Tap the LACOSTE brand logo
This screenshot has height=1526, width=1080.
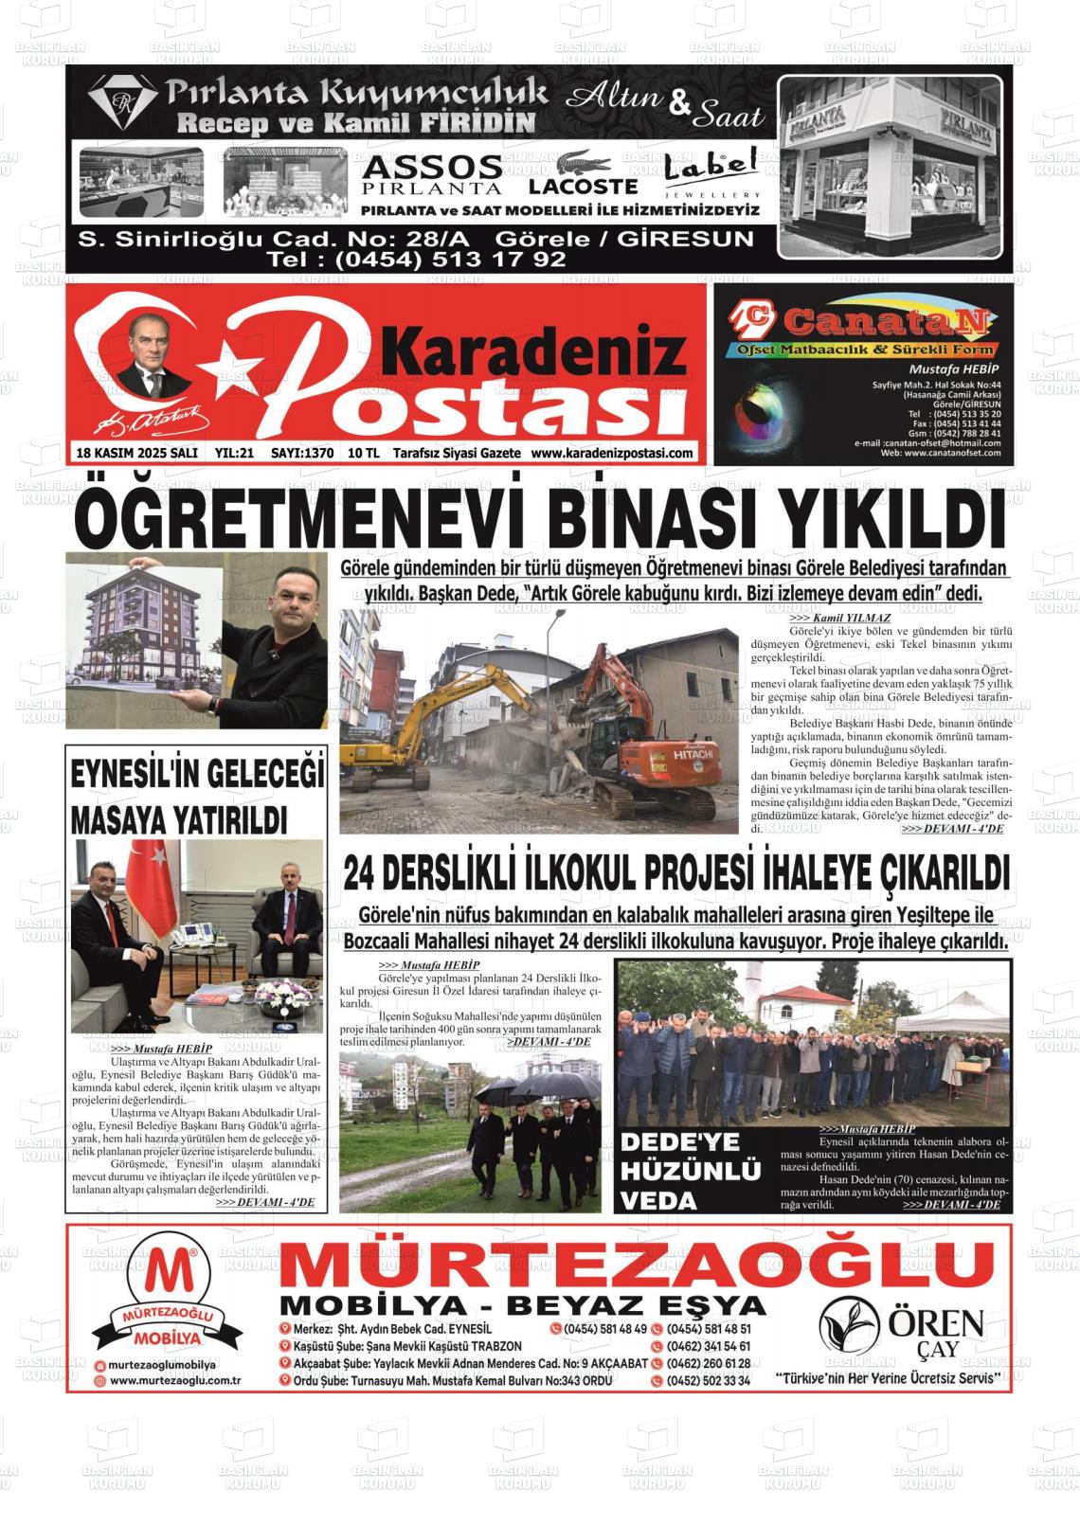click(583, 175)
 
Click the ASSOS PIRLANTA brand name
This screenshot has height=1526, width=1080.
click(432, 176)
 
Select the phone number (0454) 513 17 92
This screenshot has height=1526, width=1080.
click(417, 259)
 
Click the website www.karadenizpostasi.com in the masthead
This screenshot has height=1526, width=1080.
click(612, 454)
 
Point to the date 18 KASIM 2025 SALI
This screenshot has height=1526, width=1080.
click(137, 454)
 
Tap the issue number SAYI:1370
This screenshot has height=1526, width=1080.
click(302, 454)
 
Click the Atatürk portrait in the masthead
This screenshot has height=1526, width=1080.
click(153, 356)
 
